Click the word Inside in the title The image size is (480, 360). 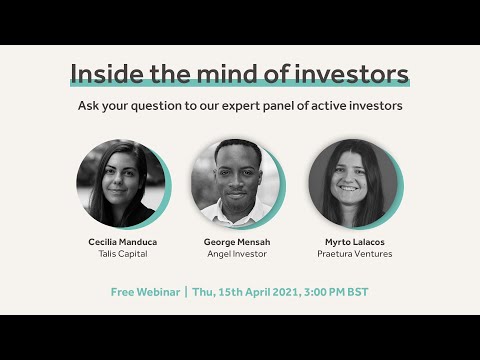point(105,73)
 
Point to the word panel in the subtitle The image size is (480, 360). point(304,105)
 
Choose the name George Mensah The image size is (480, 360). point(239,241)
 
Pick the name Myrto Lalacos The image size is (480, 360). point(354,241)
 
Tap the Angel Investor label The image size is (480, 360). point(239,254)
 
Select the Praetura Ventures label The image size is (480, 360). point(354,254)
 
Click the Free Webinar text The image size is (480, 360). point(145,291)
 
